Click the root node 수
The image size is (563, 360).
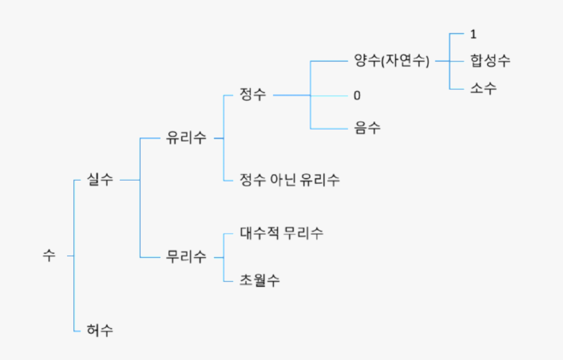click(x=49, y=256)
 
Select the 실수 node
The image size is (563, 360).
click(x=100, y=180)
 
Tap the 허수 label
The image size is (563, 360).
click(x=100, y=330)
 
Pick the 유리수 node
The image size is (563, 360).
click(x=186, y=138)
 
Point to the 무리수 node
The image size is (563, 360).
click(x=186, y=257)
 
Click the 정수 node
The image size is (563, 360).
click(x=252, y=94)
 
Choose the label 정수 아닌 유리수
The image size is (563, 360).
click(x=290, y=179)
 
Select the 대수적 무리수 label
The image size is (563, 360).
click(x=281, y=233)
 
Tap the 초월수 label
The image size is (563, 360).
click(x=260, y=280)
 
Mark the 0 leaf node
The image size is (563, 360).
click(x=357, y=96)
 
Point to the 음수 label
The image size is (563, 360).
click(x=367, y=128)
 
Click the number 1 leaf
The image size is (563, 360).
click(x=473, y=34)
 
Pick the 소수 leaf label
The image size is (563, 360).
click(x=483, y=89)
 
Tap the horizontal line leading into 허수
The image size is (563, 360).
click(x=79, y=331)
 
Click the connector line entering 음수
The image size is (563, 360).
click(x=328, y=129)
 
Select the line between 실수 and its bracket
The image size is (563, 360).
click(x=130, y=181)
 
